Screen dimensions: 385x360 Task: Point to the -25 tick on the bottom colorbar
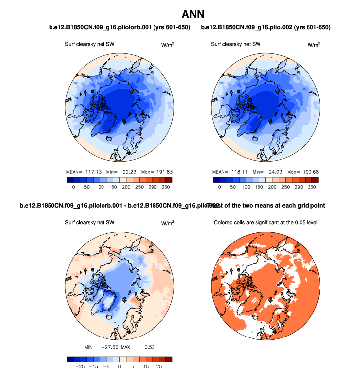(x=78, y=367)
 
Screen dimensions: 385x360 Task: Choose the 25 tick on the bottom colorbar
(x=160, y=367)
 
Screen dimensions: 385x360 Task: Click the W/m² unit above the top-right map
(x=313, y=44)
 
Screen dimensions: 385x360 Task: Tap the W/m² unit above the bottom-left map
(x=167, y=223)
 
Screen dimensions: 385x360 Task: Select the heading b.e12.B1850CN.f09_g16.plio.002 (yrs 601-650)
(x=266, y=27)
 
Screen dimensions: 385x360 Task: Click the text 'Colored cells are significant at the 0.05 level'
(x=265, y=222)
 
